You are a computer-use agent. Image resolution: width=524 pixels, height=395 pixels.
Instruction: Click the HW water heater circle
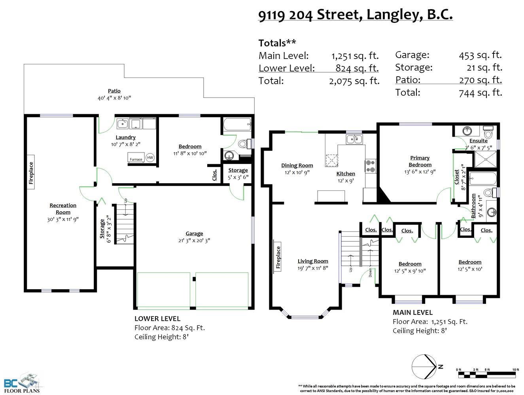coord(150,158)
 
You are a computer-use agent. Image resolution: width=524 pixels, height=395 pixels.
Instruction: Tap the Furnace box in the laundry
coord(136,158)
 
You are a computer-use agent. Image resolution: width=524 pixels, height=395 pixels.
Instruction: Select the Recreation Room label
coord(63,209)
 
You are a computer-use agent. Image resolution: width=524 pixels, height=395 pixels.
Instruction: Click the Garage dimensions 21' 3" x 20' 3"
coord(194,241)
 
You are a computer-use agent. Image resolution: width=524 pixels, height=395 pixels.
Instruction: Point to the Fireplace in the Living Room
coord(278,258)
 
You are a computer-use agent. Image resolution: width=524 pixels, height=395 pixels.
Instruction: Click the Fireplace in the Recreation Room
coord(31,172)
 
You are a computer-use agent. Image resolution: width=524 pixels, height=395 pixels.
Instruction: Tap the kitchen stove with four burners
coord(371,166)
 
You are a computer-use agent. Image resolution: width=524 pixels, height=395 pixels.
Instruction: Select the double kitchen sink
coord(354,139)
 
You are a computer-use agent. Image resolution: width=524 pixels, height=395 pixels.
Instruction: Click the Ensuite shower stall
coord(486,159)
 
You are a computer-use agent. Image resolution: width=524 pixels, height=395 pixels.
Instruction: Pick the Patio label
coord(114,91)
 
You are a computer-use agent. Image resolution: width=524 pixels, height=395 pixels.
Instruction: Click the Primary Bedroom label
coord(420,162)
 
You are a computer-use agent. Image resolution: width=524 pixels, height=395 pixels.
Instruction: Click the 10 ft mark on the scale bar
coord(515,370)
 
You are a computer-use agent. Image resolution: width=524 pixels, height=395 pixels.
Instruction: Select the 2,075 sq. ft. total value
coord(354,81)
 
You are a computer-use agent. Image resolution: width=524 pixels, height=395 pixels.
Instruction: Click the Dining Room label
coord(297,166)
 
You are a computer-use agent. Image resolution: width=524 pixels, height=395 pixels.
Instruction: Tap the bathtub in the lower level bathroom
coord(237,124)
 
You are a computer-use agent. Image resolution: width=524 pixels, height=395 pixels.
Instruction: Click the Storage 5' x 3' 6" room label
coord(238,173)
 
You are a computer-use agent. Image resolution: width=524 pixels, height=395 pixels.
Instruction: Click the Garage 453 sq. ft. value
coord(480,55)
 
